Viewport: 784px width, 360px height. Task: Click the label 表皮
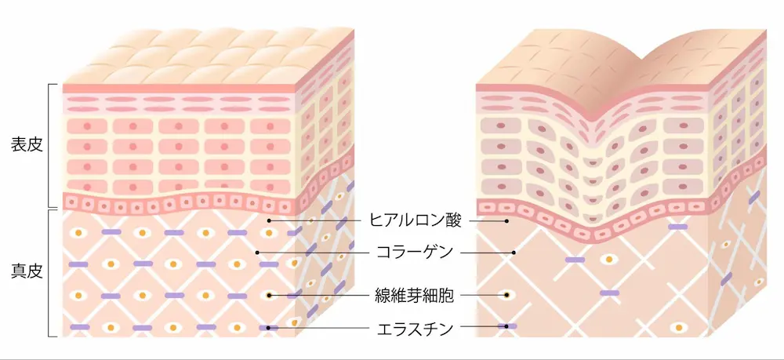click(27, 146)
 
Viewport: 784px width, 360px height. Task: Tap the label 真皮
click(27, 273)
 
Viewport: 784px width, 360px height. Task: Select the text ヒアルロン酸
click(415, 220)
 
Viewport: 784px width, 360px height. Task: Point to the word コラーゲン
click(415, 252)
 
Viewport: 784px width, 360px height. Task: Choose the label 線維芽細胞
click(415, 295)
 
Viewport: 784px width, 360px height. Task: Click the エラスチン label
click(415, 329)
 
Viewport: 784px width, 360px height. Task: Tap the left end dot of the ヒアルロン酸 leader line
click(269, 220)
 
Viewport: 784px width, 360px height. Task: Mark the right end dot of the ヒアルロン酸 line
click(506, 220)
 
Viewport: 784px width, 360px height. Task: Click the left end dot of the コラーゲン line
click(257, 252)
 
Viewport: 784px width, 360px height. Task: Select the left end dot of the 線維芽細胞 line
click(269, 295)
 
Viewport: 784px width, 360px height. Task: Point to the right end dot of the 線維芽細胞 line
click(506, 295)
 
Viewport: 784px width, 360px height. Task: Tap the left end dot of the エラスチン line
click(269, 328)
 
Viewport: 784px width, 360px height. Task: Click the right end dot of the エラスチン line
click(506, 326)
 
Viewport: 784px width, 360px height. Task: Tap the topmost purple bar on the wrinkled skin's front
click(678, 227)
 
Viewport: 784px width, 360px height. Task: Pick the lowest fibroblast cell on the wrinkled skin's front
click(679, 328)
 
